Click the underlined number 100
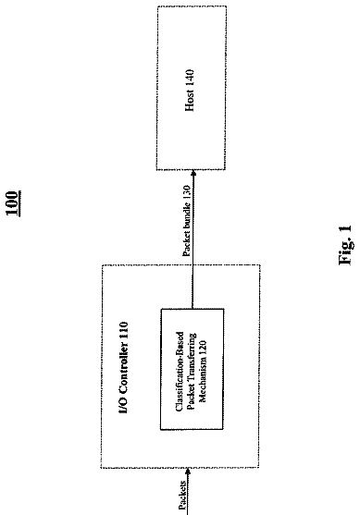tap(14, 203)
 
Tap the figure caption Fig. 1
tap(345, 245)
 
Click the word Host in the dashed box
tap(190, 99)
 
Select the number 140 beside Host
tap(190, 77)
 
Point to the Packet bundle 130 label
tap(186, 221)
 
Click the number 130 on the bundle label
tap(186, 191)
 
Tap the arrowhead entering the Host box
tap(193, 173)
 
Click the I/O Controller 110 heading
tap(123, 368)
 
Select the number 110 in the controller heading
tap(123, 329)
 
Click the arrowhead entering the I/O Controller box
tap(188, 472)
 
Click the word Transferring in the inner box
tap(192, 356)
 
